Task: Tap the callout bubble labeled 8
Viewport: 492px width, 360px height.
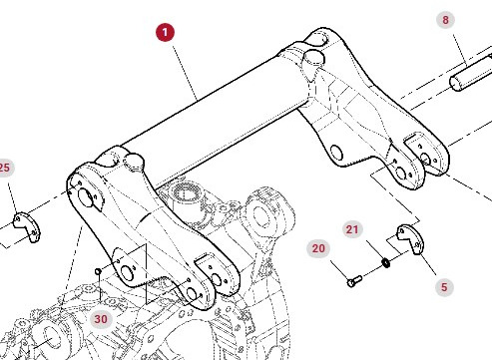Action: coord(446,20)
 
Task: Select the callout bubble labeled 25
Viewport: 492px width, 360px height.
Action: coord(5,167)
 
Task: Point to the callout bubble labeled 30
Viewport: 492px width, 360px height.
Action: coord(100,319)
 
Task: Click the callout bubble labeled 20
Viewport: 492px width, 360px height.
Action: coord(319,247)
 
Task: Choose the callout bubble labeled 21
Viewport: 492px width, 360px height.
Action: coord(351,229)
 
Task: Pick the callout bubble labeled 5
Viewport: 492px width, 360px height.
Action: coord(444,286)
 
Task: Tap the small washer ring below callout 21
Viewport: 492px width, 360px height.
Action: coord(385,263)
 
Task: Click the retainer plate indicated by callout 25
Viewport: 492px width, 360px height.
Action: coord(25,225)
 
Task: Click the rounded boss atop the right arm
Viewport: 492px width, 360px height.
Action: coord(312,55)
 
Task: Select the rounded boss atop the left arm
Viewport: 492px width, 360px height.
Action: coord(133,159)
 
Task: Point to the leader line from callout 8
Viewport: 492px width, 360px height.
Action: coord(457,45)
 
